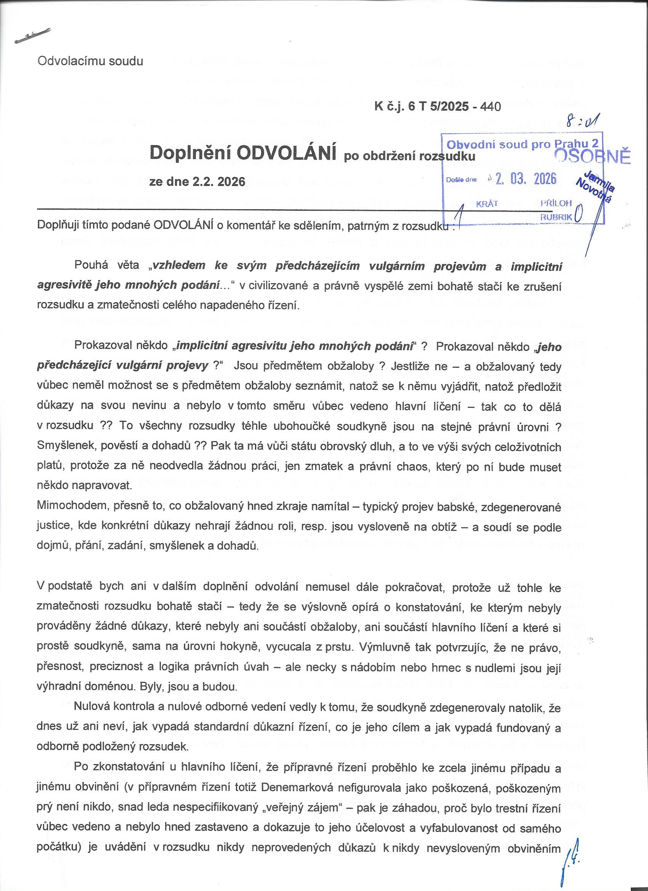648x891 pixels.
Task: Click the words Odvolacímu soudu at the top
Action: pyautogui.click(x=90, y=62)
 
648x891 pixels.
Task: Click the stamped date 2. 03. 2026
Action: pyautogui.click(x=526, y=179)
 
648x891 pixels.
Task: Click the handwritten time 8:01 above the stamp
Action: pyautogui.click(x=581, y=125)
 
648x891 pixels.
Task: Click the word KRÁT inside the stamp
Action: pyautogui.click(x=487, y=204)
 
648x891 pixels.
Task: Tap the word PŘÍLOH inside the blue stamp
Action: pyautogui.click(x=556, y=203)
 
